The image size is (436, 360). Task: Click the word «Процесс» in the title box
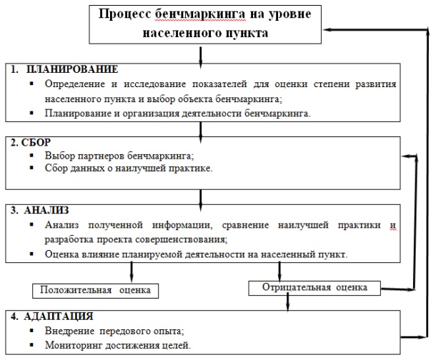[x=125, y=14]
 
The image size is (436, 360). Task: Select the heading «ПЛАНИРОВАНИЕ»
[x=72, y=69]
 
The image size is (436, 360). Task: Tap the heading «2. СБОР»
[x=31, y=142]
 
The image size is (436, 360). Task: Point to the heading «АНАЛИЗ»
[x=46, y=210]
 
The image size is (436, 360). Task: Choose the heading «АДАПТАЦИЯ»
[x=59, y=316]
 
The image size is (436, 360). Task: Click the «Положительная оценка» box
[x=95, y=291]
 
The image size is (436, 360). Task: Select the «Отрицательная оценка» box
[x=314, y=288]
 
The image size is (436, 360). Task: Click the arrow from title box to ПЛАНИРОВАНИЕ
[x=200, y=57]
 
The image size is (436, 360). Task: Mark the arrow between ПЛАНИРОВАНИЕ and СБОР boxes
[x=200, y=133]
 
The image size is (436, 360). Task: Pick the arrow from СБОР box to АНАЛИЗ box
[x=200, y=201]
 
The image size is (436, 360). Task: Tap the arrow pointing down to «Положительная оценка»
[x=132, y=272]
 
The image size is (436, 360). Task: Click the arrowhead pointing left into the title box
[x=327, y=29]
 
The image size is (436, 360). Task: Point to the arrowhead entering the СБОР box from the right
[x=407, y=156]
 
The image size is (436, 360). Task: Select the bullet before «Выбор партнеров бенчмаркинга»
[x=31, y=155]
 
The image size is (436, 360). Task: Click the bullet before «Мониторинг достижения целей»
[x=31, y=345]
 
